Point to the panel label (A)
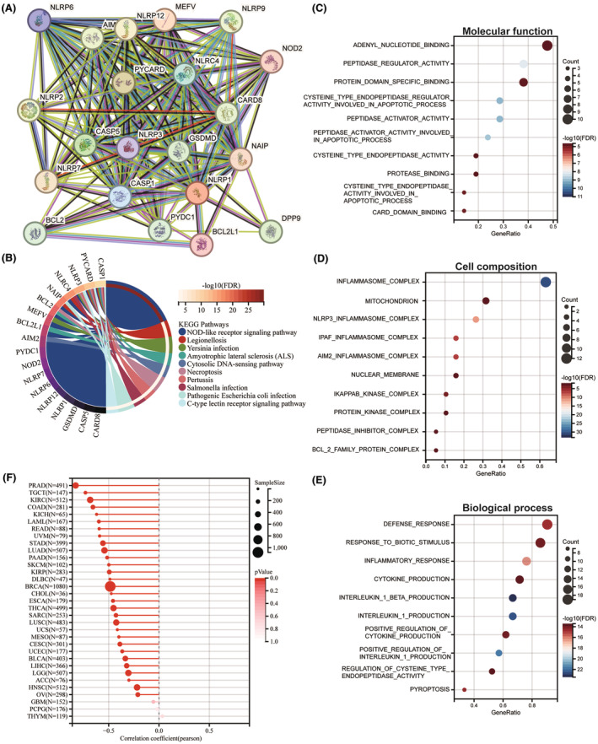(x=11, y=8)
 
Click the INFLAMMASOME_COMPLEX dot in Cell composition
(x=545, y=283)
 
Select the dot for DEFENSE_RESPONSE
(x=547, y=525)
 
